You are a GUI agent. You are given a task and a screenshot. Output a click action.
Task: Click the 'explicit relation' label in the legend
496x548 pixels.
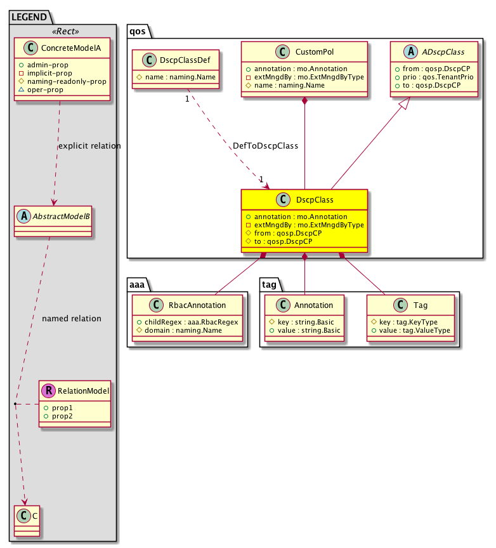(x=89, y=145)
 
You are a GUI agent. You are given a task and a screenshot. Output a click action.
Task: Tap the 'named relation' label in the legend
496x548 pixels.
(x=72, y=318)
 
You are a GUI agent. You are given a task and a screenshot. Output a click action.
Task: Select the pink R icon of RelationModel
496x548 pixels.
(x=47, y=391)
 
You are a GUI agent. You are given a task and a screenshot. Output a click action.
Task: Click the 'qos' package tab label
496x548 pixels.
(x=136, y=30)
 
